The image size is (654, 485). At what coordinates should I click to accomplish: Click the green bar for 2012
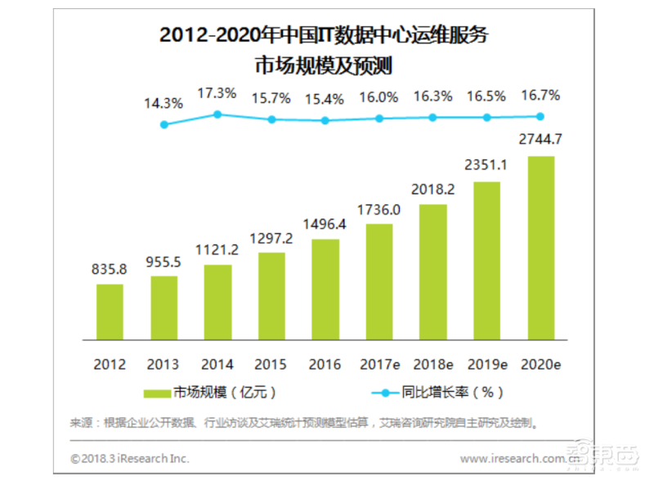tap(110, 312)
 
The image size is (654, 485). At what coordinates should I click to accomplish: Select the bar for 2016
tap(325, 290)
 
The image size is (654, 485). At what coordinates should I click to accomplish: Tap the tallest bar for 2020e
tap(540, 248)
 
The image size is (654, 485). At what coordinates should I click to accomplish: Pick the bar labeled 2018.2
tap(432, 272)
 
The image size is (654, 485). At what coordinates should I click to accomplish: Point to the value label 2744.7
tap(540, 141)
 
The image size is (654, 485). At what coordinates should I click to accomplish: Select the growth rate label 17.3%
tap(217, 92)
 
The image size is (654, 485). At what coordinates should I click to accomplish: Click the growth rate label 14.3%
tap(163, 104)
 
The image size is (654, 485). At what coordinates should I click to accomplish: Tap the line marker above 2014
tap(217, 115)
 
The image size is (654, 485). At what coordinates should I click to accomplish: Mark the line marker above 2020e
tap(540, 116)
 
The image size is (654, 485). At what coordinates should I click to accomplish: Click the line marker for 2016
tap(325, 120)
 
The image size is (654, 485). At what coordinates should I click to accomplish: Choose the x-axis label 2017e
tap(379, 363)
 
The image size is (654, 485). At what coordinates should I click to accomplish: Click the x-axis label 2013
tap(163, 363)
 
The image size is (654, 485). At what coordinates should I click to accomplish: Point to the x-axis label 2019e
tap(486, 363)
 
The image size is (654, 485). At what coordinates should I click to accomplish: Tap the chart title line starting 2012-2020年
tap(326, 37)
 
